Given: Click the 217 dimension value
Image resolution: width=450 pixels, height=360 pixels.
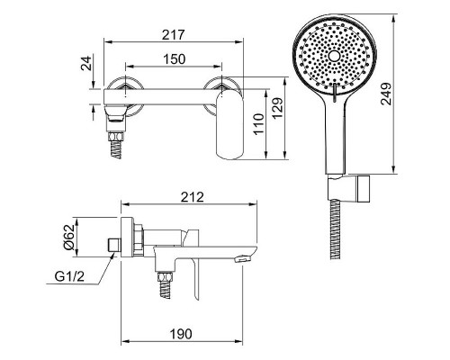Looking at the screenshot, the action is point(173,35).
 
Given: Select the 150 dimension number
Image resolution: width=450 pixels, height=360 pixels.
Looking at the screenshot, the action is point(175,59).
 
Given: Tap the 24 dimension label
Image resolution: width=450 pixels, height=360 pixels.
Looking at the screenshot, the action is point(86,63).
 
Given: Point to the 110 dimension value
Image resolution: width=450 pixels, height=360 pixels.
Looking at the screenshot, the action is point(259,124).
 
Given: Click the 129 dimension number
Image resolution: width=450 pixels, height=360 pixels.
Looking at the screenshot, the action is point(278,108).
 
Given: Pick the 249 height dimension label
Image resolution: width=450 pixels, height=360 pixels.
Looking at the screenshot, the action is point(386,94).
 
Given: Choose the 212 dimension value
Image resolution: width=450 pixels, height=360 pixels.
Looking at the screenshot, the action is point(193,197).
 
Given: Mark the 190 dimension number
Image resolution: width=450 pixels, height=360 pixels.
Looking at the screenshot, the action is point(181,334).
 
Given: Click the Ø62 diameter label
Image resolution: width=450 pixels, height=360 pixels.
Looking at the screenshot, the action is point(69,237).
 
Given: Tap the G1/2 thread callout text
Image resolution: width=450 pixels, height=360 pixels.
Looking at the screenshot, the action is point(69,276).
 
